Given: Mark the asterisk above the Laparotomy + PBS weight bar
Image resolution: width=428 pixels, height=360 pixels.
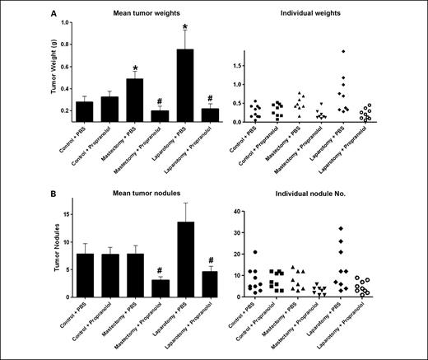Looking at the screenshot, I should [x=185, y=26].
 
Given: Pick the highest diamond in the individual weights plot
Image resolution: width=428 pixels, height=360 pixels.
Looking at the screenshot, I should [x=342, y=51].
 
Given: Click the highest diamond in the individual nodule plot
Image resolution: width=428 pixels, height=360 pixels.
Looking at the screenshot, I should [x=342, y=228].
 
